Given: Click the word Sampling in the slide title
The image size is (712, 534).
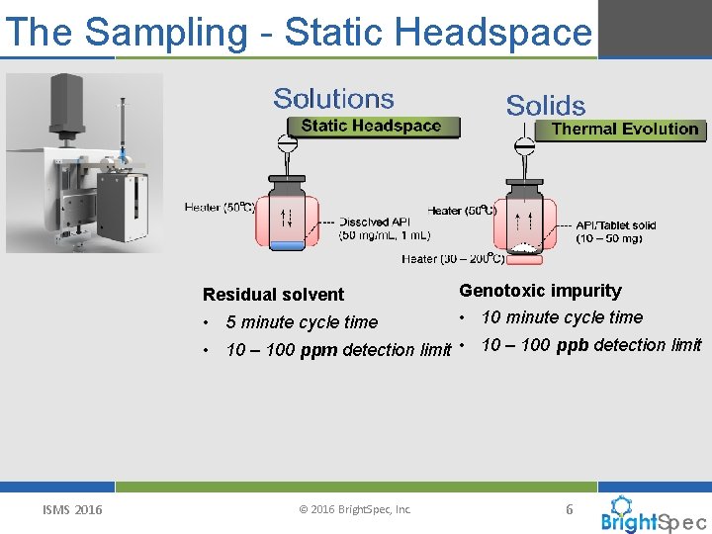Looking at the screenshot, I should click(x=166, y=32).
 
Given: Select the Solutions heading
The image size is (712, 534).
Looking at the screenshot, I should click(x=333, y=99).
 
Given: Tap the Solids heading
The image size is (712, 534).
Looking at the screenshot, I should click(x=546, y=106).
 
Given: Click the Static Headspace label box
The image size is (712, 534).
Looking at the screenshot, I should click(x=371, y=126).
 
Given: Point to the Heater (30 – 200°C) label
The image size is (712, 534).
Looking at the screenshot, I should click(x=453, y=259).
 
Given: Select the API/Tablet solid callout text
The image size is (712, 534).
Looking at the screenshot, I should click(x=615, y=231).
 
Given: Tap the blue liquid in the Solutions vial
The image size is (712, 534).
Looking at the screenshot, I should click(x=288, y=244).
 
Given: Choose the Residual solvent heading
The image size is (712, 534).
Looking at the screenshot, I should click(x=273, y=294).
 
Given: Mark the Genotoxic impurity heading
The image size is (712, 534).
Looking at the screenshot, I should click(x=540, y=291).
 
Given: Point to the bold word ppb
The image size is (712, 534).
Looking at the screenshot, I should click(x=574, y=345).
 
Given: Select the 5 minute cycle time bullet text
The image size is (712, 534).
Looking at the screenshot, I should click(x=302, y=321).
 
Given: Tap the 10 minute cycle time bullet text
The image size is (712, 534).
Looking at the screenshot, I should click(x=562, y=317).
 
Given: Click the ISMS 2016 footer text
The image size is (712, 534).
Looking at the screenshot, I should click(x=72, y=510).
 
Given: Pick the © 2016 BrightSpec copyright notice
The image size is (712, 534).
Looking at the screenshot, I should click(x=354, y=510).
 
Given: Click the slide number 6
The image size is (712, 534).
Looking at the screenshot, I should click(x=569, y=509).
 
